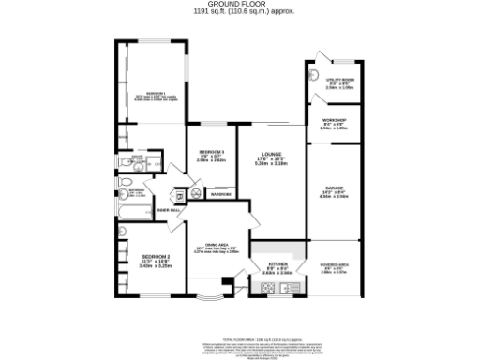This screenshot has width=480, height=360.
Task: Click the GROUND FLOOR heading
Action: [241, 5]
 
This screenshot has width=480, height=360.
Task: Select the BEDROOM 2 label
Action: [155, 256]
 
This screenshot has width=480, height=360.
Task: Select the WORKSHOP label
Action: [334, 120]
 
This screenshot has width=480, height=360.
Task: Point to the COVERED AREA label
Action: [334, 265]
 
